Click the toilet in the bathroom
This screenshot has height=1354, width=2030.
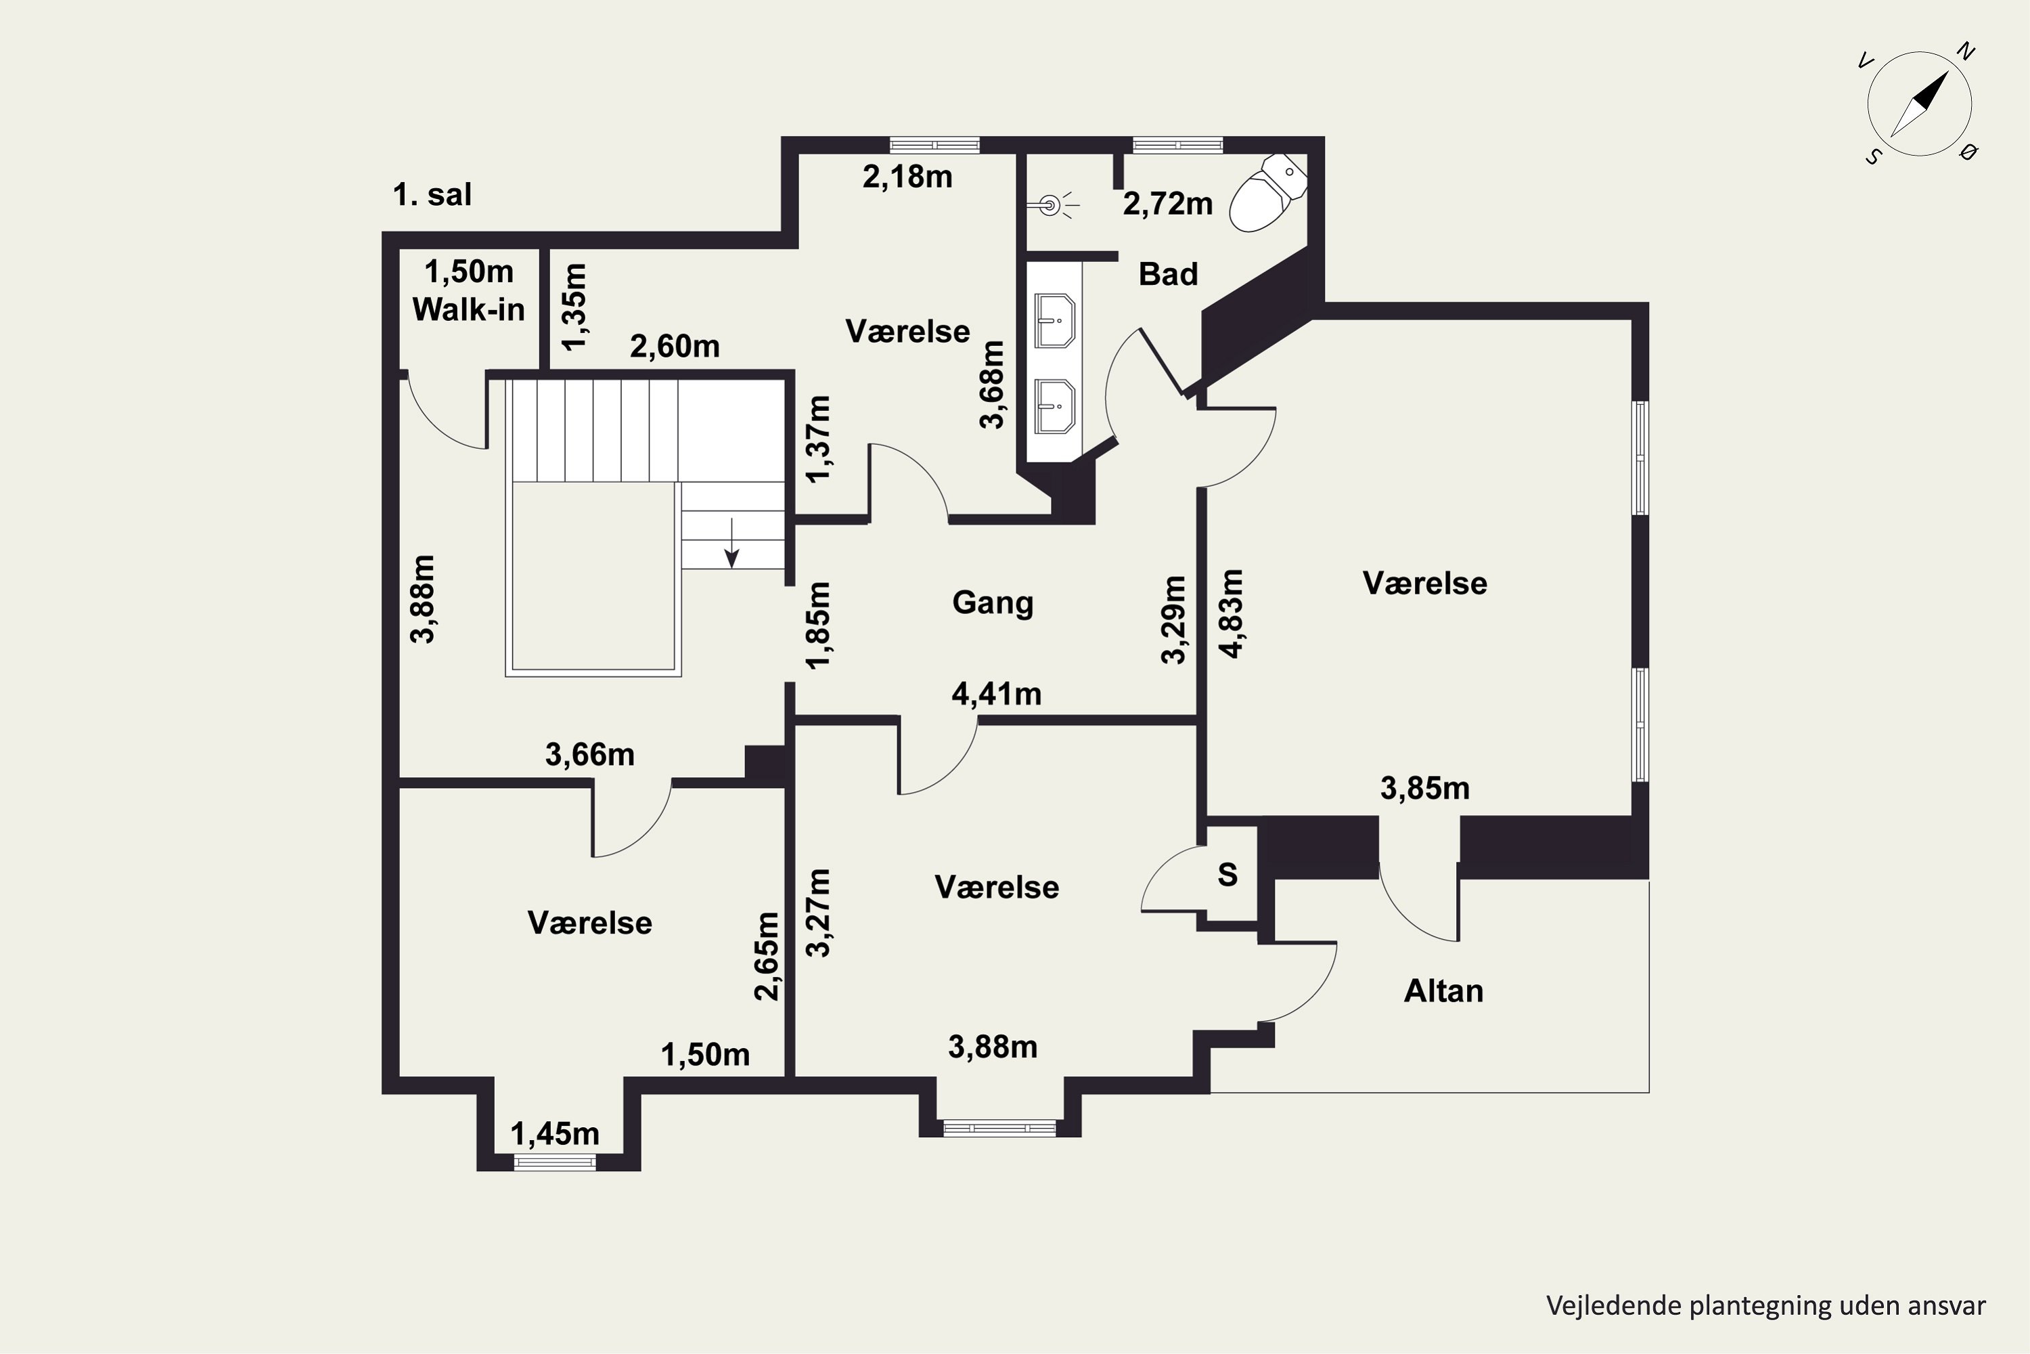point(1267,194)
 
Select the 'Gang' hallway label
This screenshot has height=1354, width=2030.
point(993,603)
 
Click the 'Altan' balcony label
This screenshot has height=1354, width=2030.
point(1443,990)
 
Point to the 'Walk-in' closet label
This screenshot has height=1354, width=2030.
point(469,309)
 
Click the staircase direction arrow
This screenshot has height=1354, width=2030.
point(732,543)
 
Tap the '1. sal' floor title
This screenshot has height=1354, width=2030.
point(432,194)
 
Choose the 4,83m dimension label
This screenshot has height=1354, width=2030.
point(1232,613)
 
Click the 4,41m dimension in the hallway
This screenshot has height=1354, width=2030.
point(996,695)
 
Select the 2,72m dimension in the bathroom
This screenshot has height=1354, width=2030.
point(1168,204)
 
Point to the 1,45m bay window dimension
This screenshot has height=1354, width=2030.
point(555,1134)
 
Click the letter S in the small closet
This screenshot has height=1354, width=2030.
point(1227,875)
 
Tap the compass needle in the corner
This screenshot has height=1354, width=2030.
point(1920,104)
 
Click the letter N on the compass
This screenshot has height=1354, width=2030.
point(1966,52)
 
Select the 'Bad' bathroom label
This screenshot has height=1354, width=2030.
point(1168,275)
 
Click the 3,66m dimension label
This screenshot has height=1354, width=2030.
point(589,756)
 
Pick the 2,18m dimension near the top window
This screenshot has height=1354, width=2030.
point(907,177)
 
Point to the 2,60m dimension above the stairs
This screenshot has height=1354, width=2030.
point(674,346)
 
